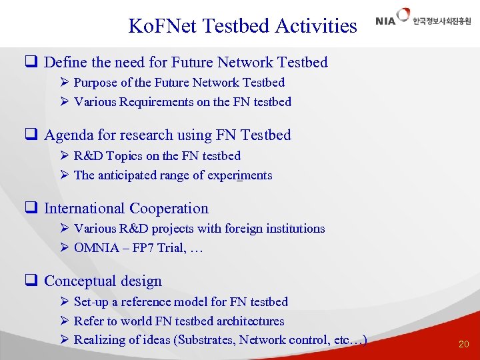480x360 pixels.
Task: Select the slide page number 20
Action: pos(463,344)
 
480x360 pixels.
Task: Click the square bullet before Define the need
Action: pos(30,63)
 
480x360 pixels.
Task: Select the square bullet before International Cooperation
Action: pos(30,209)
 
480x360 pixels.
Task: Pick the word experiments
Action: pos(241,175)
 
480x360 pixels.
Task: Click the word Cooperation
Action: pos(169,209)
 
